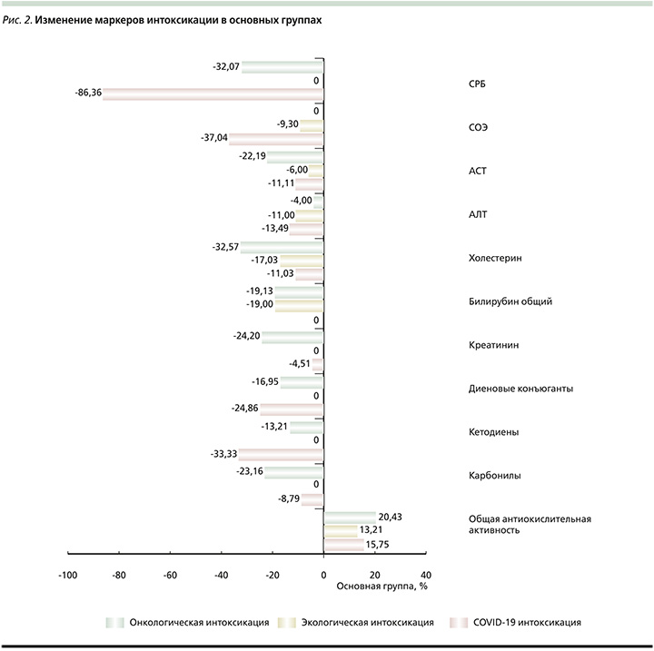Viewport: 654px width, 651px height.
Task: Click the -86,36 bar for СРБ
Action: [x=213, y=94]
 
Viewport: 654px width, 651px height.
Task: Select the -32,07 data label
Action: [x=226, y=67]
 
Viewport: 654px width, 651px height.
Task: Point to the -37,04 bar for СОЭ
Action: [x=276, y=138]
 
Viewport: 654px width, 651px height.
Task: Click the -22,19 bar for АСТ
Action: [x=295, y=156]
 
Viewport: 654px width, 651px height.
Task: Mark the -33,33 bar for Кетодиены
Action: [x=282, y=455]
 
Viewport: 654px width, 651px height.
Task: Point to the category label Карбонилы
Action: [x=481, y=476]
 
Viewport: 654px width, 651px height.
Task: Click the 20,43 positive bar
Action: [x=350, y=517]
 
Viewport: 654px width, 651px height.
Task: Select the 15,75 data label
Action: [x=381, y=545]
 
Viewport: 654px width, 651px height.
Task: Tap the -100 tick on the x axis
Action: [x=67, y=575]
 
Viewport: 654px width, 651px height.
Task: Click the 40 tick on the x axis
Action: [x=426, y=575]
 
